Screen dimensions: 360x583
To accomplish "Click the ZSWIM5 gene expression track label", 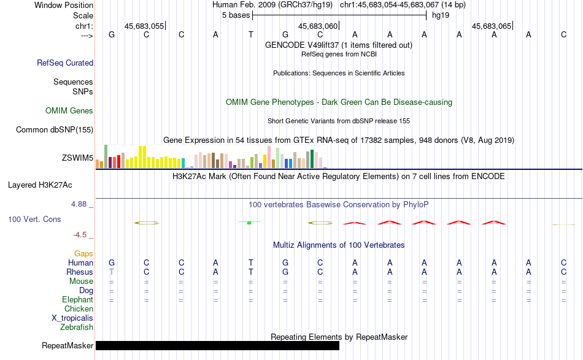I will (x=77, y=158).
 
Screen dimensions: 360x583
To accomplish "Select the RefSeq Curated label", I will (x=65, y=63).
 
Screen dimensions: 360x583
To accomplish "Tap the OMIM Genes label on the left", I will (x=69, y=111).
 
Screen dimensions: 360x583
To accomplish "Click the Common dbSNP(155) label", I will (x=55, y=129).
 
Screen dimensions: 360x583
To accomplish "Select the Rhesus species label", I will (x=80, y=272).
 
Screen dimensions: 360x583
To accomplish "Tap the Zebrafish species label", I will (x=77, y=327).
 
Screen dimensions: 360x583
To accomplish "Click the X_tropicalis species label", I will (x=72, y=318).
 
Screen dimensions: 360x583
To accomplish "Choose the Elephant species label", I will (x=77, y=299).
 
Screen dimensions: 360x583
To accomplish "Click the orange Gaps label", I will (x=83, y=253).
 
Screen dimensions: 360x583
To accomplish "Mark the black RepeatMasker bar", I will (x=217, y=345).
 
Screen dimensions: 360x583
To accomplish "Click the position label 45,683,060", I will (x=317, y=26).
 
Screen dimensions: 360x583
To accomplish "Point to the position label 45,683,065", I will (x=491, y=26).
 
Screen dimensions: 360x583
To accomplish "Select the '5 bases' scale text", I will (x=236, y=15).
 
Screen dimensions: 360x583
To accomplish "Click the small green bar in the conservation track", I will (x=249, y=222).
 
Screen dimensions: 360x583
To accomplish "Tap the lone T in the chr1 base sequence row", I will (x=250, y=34).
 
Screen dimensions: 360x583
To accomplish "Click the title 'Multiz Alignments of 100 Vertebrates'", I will (x=339, y=245).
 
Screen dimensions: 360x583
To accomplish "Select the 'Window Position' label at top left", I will (x=64, y=5).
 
